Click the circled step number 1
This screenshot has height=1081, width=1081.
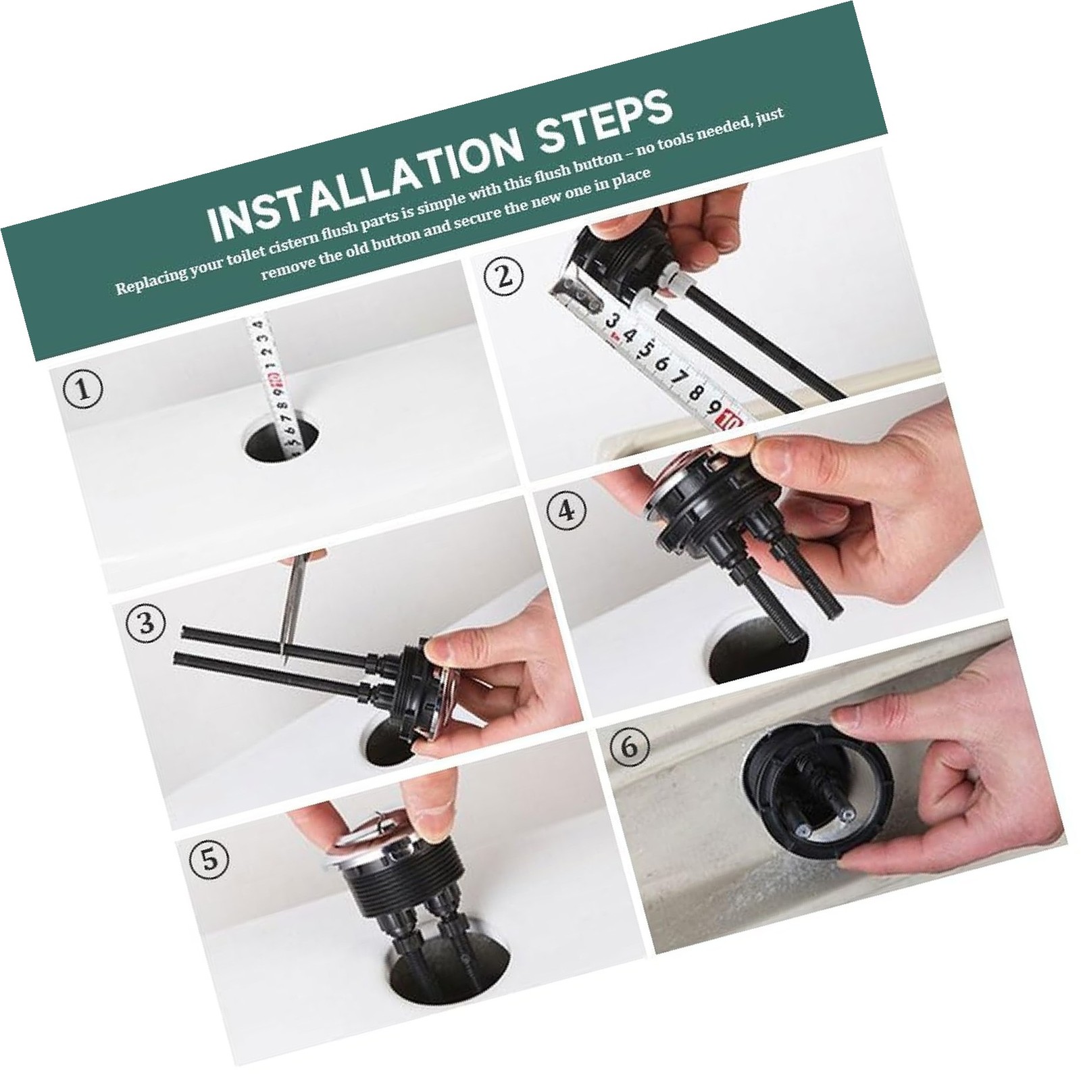coord(84,391)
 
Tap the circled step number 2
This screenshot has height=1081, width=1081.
coord(501,277)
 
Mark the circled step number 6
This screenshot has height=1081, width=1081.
coord(628,747)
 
